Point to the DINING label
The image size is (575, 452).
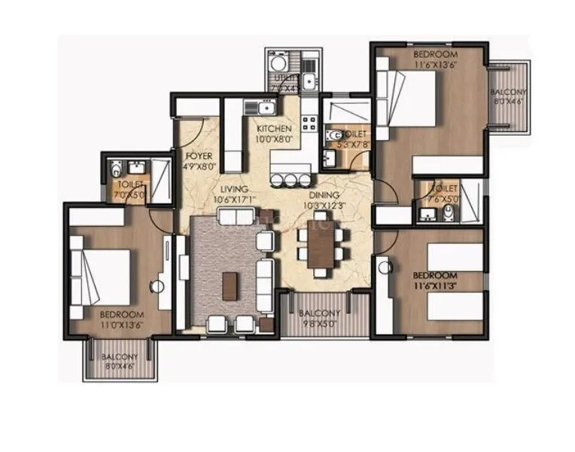point(322,194)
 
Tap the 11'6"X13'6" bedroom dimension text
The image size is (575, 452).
point(434,65)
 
